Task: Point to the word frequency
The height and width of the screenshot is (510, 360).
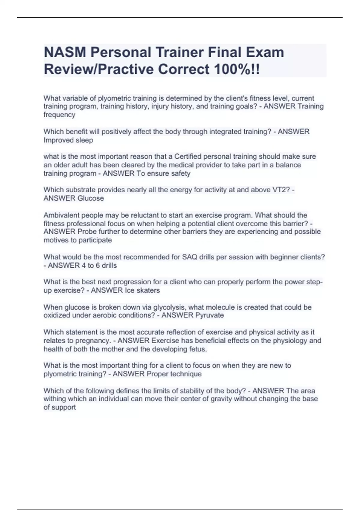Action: [x=59, y=115]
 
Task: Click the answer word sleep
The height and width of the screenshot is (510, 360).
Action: [x=85, y=140]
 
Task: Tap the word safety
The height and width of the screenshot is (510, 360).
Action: [x=180, y=173]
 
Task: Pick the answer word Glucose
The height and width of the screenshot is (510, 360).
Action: [x=91, y=198]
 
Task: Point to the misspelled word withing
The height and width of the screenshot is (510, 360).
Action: [x=55, y=399]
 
